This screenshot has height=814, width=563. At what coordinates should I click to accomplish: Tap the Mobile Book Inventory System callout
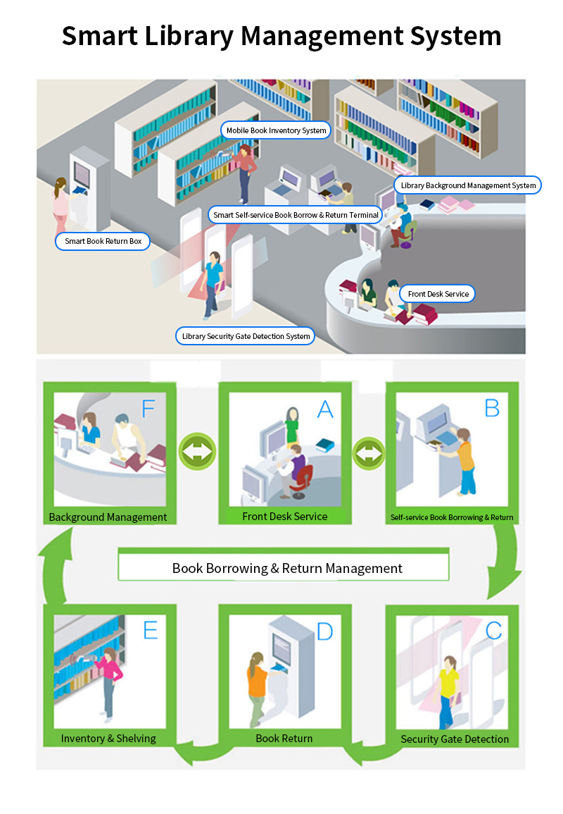tap(276, 130)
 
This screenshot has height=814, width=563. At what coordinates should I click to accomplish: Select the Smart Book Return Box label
tap(103, 242)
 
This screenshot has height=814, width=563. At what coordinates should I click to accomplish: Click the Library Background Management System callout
tap(468, 185)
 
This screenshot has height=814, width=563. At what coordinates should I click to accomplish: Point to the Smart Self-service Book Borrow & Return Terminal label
tap(296, 215)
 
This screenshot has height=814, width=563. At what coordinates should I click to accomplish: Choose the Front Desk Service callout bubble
tap(438, 294)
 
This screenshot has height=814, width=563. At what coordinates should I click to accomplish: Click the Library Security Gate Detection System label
tap(246, 336)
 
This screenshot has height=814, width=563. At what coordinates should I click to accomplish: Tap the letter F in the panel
tap(148, 409)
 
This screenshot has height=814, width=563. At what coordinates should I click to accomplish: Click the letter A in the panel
tap(325, 409)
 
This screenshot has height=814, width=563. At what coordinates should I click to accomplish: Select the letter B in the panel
tap(492, 408)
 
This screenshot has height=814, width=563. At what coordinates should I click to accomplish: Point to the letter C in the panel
tap(493, 630)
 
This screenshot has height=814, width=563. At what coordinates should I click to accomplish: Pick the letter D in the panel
tap(324, 631)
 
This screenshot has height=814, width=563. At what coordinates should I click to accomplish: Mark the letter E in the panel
tap(151, 630)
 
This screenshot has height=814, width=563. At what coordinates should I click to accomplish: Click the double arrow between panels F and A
tap(198, 451)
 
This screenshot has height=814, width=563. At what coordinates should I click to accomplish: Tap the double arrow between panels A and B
tap(369, 453)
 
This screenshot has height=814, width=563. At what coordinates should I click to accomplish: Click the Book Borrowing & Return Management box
tap(284, 567)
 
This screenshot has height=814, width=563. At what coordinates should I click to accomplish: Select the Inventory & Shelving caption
tap(108, 738)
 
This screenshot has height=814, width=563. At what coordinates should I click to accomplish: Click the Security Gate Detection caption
tap(455, 739)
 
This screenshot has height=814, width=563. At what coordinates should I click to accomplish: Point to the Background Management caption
tap(108, 517)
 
